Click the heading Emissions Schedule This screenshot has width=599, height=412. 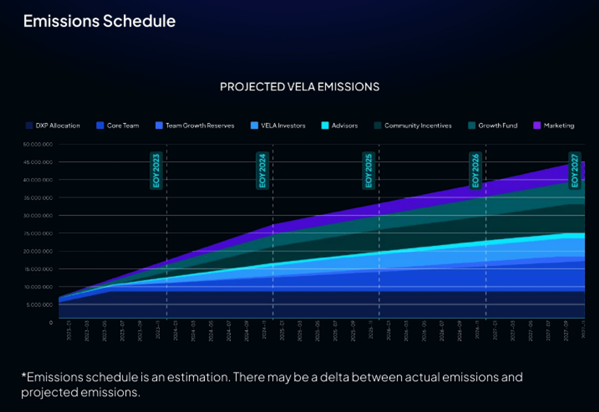(99, 21)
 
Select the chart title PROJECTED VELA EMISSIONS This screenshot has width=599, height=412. (299, 87)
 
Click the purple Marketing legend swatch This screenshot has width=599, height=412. (537, 126)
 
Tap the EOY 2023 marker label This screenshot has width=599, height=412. (156, 171)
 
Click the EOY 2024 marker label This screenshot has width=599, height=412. (263, 171)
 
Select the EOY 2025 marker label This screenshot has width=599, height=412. (369, 171)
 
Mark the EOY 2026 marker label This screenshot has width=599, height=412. (475, 171)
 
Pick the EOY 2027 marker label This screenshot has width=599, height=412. (575, 171)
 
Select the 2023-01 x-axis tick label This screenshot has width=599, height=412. (69, 331)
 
